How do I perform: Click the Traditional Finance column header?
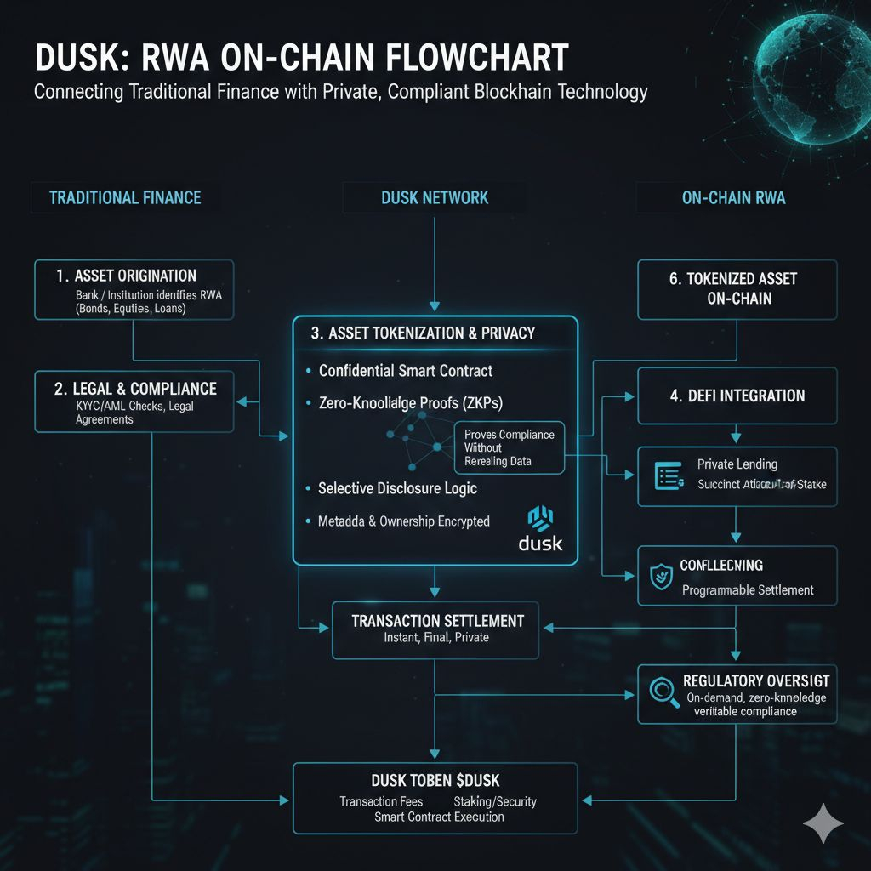tap(125, 198)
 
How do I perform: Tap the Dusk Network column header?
tap(435, 198)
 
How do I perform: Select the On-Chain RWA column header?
tap(733, 198)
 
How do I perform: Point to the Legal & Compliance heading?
tap(135, 389)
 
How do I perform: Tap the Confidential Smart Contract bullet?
tap(405, 371)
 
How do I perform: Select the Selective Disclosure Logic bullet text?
tap(396, 488)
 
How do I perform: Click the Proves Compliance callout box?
tap(510, 447)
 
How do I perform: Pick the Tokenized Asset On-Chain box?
tap(732, 288)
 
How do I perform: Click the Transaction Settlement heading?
tap(437, 621)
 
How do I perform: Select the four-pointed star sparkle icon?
tap(823, 824)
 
